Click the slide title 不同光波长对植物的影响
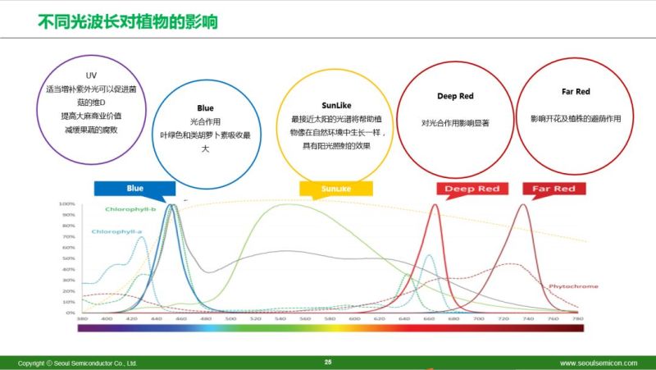(127, 20)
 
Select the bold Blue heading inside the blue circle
(205, 108)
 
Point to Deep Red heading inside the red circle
(455, 97)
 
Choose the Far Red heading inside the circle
(575, 92)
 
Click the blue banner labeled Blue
(135, 189)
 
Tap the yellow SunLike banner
(330, 189)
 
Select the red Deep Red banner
(471, 189)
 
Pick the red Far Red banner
(554, 189)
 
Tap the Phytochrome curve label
(573, 286)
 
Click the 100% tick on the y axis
(67, 203)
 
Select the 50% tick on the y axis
(68, 258)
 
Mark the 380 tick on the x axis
(82, 318)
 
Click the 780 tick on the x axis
(577, 318)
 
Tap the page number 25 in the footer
(328, 362)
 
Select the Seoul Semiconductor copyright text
(78, 363)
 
